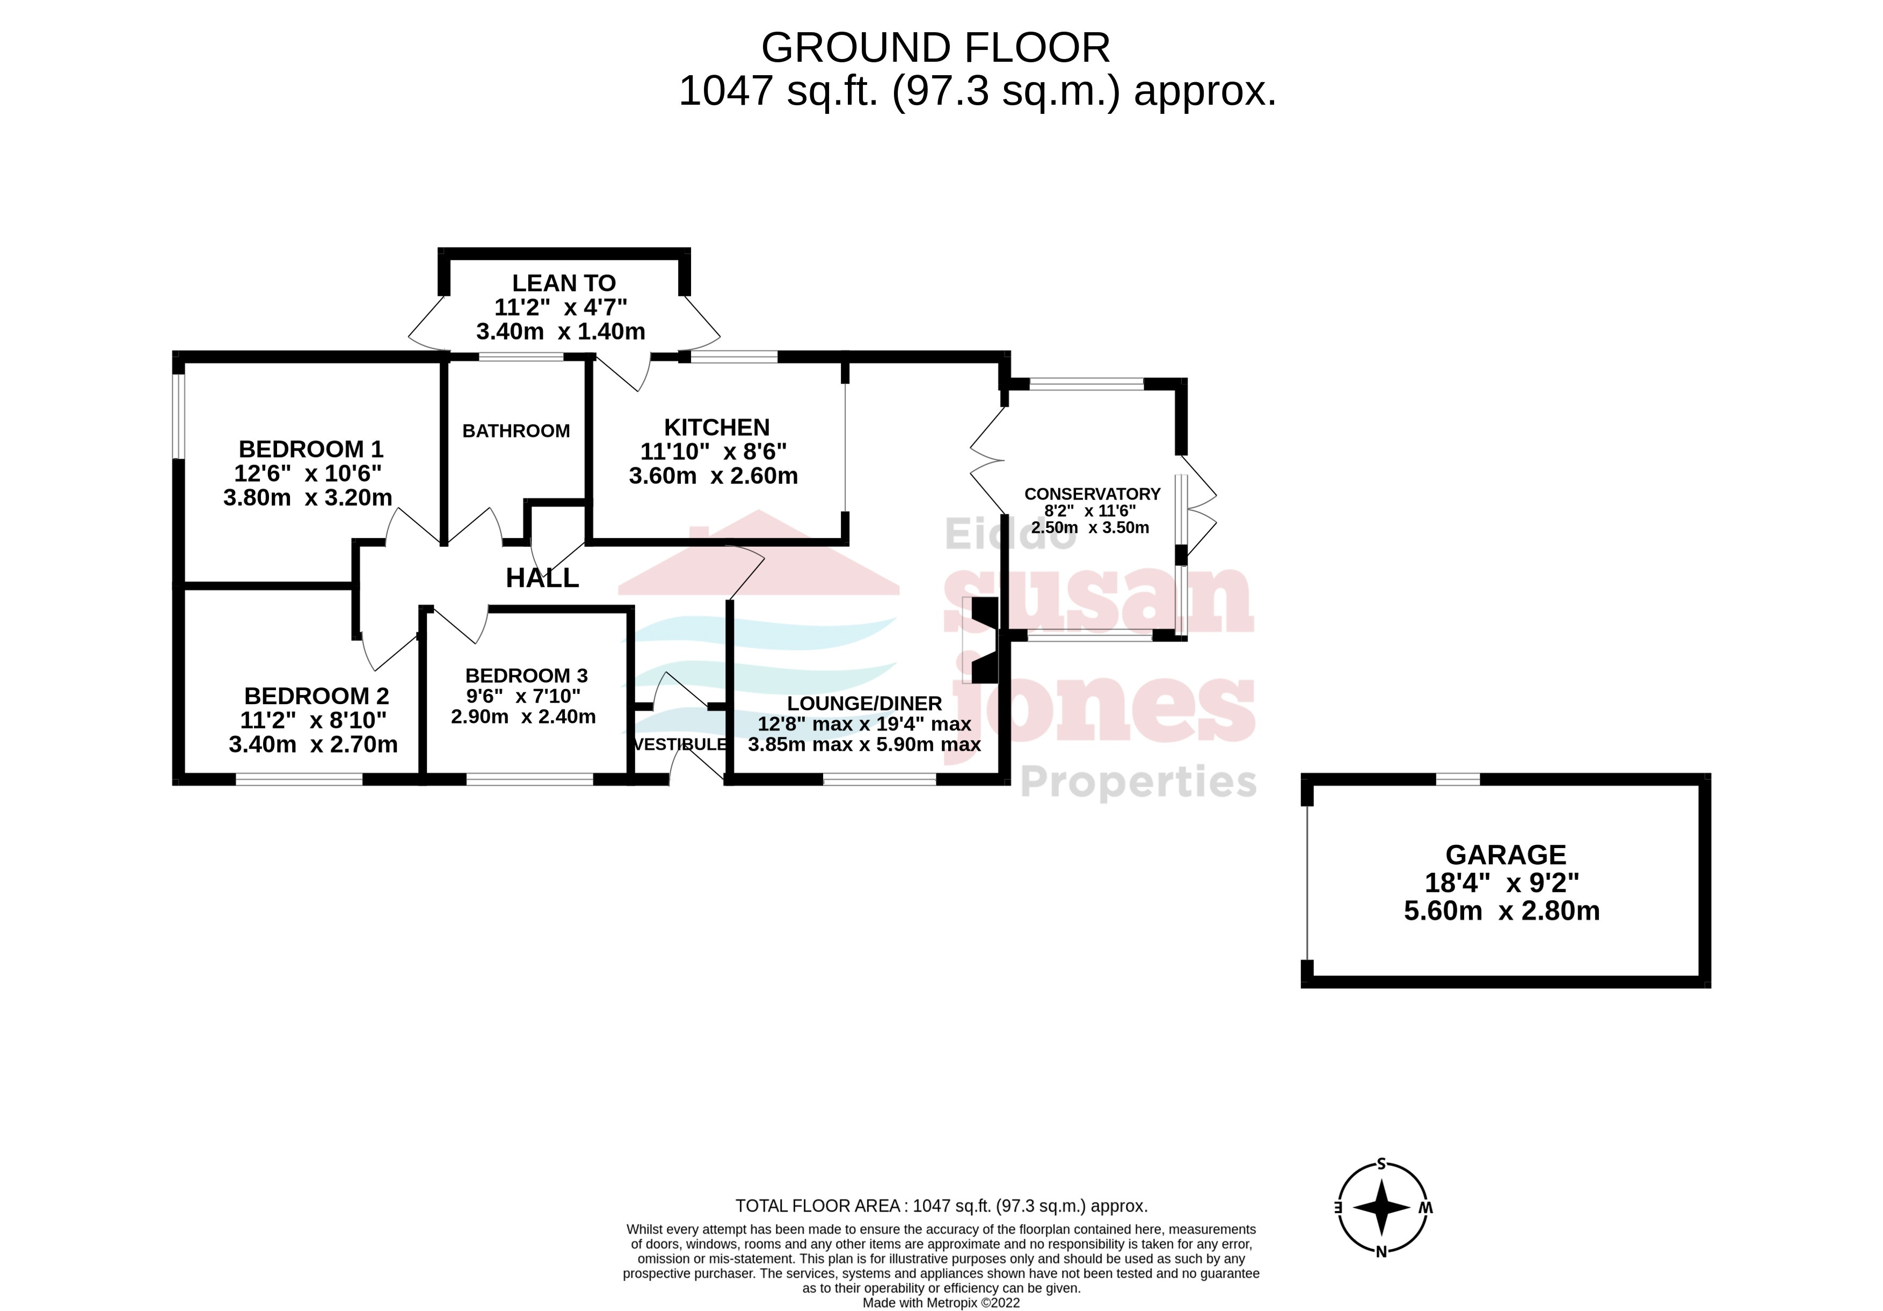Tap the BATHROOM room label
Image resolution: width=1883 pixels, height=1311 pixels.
516,431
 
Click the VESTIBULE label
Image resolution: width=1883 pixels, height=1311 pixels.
680,744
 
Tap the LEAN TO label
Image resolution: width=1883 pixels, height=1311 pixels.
563,283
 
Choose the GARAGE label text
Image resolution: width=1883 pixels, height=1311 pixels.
1505,855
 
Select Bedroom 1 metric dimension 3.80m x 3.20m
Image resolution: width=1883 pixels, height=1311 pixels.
308,498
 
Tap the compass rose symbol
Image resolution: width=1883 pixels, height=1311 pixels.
1381,1208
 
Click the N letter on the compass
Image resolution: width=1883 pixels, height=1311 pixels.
1381,1252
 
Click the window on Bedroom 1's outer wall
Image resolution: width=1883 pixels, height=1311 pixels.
178,416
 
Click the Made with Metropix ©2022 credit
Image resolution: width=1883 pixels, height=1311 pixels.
941,1303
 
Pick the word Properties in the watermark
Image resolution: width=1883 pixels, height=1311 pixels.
1138,782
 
